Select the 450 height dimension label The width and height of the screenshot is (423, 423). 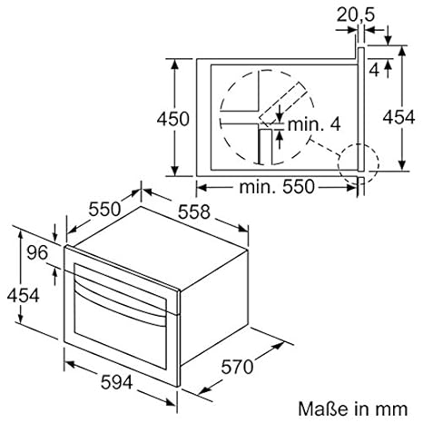(x=172, y=118)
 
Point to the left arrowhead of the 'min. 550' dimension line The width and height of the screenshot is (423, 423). (x=202, y=187)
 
